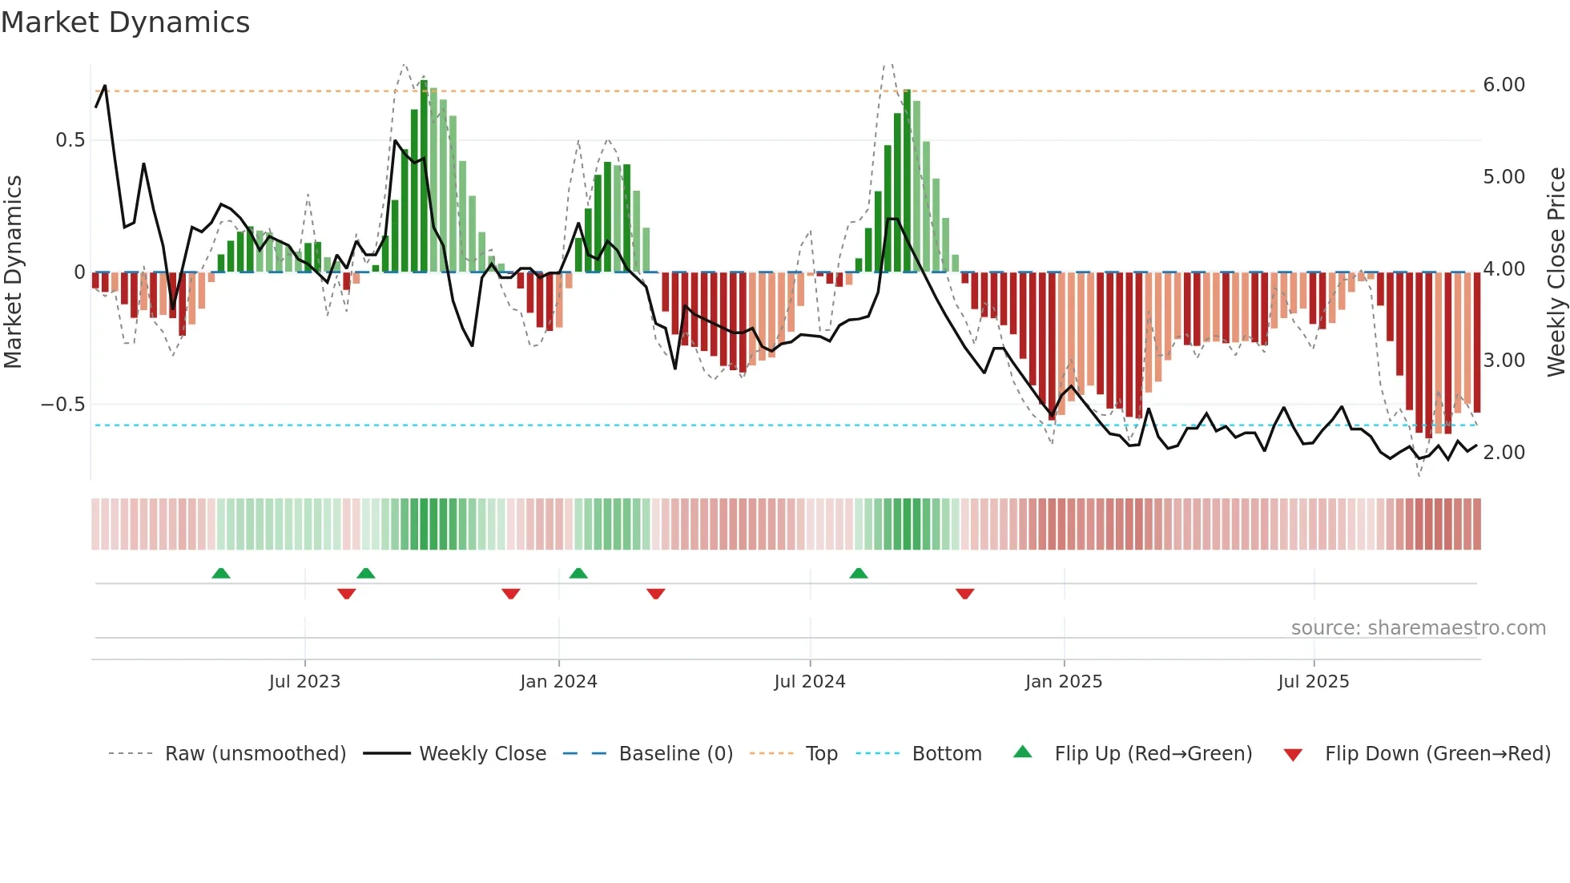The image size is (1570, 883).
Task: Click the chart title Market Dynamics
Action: coord(125,22)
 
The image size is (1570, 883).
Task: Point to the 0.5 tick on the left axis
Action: coord(70,140)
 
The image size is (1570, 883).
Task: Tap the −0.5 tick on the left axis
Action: coord(63,405)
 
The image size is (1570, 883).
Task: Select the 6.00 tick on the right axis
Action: coord(1504,85)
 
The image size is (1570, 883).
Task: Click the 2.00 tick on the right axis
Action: coord(1504,453)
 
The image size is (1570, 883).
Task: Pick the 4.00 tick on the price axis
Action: coord(1504,269)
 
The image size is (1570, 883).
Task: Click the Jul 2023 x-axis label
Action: coord(304,682)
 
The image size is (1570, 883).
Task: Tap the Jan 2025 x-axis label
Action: coord(1063,682)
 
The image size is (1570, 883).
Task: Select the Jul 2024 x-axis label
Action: coord(809,682)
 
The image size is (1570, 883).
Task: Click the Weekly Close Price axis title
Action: coord(1556,272)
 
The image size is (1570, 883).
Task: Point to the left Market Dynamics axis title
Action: coord(14,272)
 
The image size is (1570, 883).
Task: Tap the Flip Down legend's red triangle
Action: coord(1293,755)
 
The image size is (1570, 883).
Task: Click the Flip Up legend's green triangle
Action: coord(1023,752)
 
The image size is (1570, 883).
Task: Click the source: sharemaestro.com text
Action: coord(1418,628)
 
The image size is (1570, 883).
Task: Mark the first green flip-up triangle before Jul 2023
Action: coord(221,573)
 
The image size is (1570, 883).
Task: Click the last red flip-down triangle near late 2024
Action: coord(964,594)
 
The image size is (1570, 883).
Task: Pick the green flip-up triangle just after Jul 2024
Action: coord(858,573)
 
